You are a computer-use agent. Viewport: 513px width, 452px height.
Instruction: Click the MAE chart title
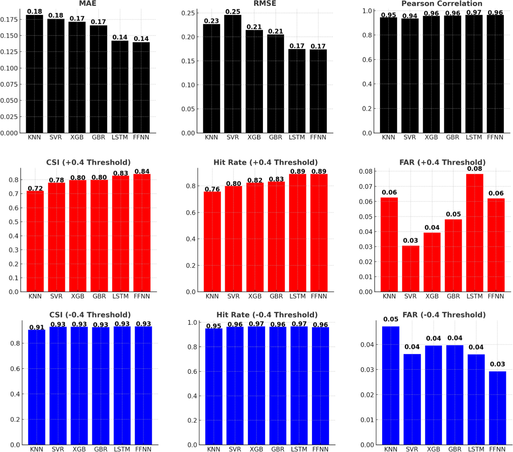(88, 4)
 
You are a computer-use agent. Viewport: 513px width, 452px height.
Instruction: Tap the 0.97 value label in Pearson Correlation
(474, 12)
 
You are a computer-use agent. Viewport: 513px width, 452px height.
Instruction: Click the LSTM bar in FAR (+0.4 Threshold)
(474, 233)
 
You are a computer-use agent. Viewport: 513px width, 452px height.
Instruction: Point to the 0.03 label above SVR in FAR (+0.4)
(410, 240)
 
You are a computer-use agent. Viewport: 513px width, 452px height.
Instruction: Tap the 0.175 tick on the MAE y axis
(9, 19)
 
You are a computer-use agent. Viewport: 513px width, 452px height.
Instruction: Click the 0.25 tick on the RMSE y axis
(188, 13)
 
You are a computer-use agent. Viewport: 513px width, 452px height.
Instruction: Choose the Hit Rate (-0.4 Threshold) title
(267, 315)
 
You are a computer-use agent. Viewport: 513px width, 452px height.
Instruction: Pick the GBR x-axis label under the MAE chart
(98, 137)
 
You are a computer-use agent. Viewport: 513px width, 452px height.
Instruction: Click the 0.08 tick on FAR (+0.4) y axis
(366, 171)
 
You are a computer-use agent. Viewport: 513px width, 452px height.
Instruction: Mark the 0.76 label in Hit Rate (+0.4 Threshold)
(212, 189)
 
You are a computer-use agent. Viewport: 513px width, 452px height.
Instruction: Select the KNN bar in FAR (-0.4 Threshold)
(391, 385)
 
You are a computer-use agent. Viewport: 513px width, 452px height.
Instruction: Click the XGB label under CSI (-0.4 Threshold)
(79, 449)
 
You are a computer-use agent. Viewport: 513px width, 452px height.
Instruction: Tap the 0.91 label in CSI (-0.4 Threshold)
(37, 327)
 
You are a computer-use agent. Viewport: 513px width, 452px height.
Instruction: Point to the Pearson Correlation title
(442, 4)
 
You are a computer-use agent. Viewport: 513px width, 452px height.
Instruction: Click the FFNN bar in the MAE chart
(141, 87)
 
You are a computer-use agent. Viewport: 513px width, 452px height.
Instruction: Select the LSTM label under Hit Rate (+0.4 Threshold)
(297, 296)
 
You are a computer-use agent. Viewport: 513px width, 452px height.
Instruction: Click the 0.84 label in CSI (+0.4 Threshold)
(142, 171)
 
